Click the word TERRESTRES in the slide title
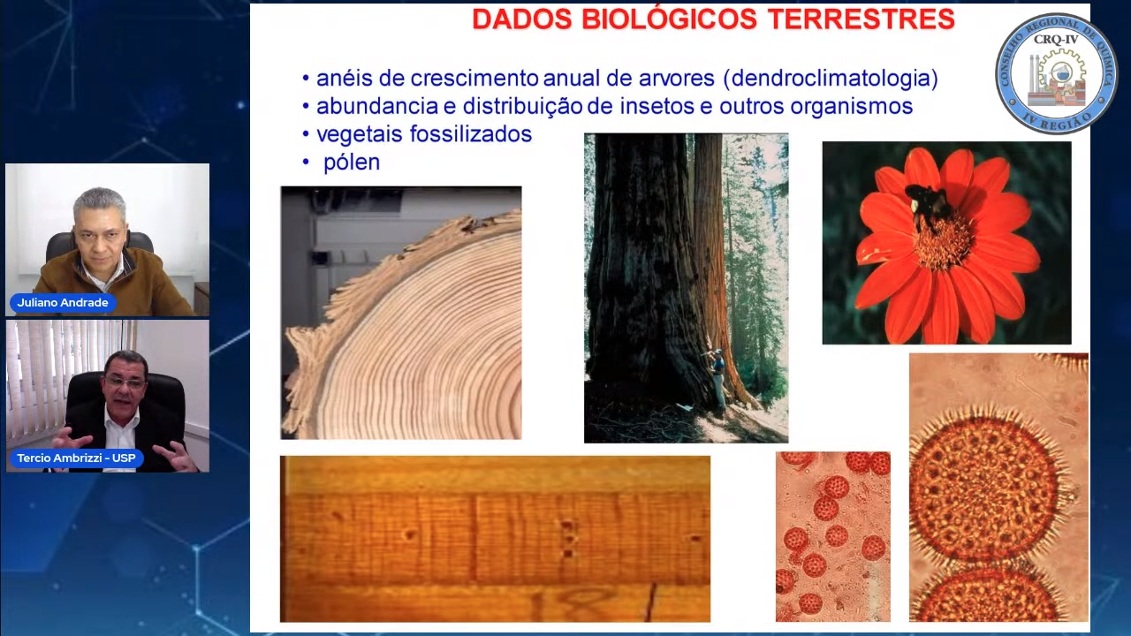[861, 19]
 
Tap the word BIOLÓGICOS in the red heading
[670, 19]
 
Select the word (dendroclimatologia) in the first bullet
[831, 79]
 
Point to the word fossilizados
[471, 134]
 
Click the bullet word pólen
[352, 163]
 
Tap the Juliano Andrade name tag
[63, 303]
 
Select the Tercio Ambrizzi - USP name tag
[76, 458]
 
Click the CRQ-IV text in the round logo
[1056, 40]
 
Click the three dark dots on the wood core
[568, 539]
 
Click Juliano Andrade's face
[100, 234]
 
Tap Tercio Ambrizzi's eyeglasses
[124, 382]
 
